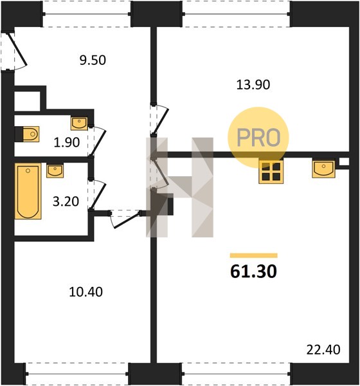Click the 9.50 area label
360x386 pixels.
click(x=93, y=60)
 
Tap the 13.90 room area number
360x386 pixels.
click(x=253, y=85)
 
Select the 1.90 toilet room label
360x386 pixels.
click(x=67, y=142)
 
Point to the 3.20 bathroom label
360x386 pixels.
click(x=66, y=201)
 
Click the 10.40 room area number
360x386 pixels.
click(x=86, y=292)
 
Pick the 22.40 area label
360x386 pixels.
click(x=323, y=349)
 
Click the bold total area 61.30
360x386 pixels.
click(x=254, y=271)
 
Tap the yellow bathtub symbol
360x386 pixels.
click(x=28, y=191)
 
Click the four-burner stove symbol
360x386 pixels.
click(x=271, y=172)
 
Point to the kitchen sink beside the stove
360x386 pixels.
click(x=323, y=169)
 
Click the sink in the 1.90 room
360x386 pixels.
click(x=79, y=124)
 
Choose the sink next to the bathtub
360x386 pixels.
click(x=55, y=171)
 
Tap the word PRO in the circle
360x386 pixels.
click(x=258, y=138)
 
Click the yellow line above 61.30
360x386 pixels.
click(x=254, y=255)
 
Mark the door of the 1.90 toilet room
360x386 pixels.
click(x=98, y=142)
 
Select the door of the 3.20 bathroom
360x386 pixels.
click(x=98, y=195)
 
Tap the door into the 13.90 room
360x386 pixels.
click(x=160, y=119)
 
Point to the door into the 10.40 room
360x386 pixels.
click(x=125, y=219)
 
